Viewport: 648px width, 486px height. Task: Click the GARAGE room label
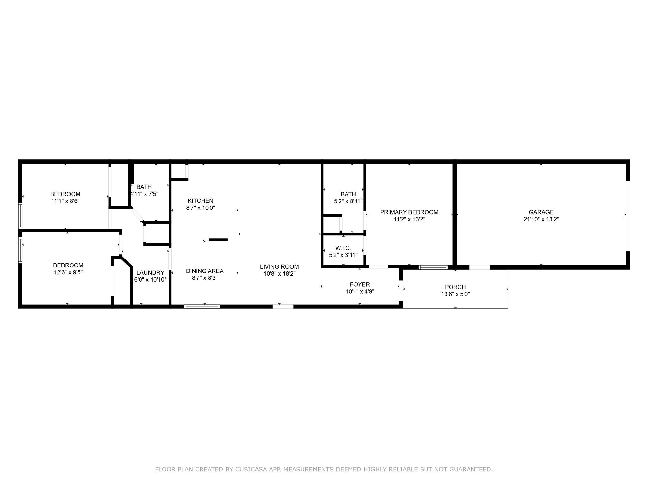pos(541,212)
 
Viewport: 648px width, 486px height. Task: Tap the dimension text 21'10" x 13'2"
pos(541,219)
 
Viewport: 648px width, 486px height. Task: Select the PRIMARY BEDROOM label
pos(409,212)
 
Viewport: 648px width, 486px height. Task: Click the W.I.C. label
pos(343,248)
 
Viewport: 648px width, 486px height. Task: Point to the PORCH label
pos(455,287)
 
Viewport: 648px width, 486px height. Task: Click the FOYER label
pos(360,284)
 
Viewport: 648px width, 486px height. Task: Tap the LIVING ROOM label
pos(279,267)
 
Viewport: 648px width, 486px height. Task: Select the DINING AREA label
pos(205,271)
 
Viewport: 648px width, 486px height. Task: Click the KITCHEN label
pos(201,201)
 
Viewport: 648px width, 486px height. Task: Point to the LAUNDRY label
pos(150,273)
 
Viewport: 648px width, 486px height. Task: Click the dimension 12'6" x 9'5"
pos(68,272)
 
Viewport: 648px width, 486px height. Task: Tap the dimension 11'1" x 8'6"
pos(65,201)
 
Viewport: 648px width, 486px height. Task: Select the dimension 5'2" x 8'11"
pos(348,201)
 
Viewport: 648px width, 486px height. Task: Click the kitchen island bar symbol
pos(218,240)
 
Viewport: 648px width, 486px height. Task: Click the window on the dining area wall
pos(202,307)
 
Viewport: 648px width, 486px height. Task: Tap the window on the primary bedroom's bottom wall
pos(433,267)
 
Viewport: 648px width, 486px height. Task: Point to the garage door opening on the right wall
pos(628,216)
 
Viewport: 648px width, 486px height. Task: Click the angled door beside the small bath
pos(137,215)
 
